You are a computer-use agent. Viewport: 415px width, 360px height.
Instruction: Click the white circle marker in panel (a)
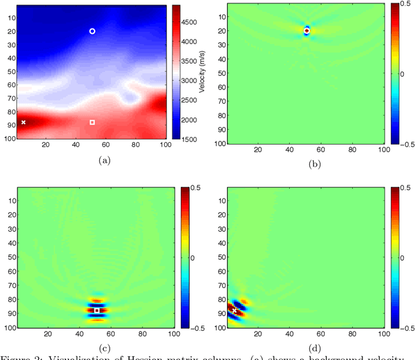92,31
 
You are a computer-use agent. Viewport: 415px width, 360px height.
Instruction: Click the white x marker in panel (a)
23,122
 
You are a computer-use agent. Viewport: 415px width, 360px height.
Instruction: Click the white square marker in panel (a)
92,122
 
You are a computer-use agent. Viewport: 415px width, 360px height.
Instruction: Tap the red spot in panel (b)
307,30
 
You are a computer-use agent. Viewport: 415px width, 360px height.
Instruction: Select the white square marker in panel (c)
97,311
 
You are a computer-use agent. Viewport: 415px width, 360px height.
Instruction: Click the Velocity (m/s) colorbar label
202,71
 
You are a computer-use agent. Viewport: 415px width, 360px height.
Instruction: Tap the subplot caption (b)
314,164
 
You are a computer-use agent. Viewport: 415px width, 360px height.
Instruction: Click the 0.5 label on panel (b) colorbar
405,6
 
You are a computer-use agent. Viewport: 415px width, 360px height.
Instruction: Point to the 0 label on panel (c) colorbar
191,259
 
